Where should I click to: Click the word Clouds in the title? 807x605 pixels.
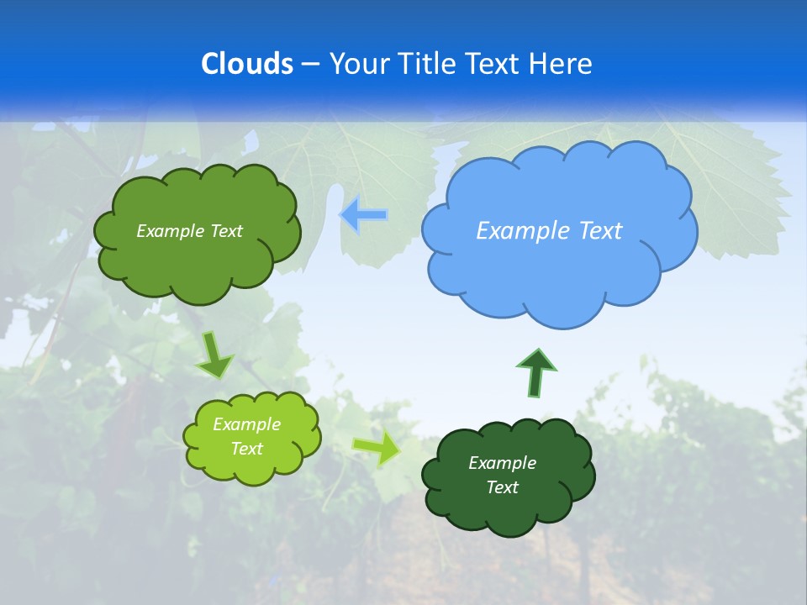click(247, 64)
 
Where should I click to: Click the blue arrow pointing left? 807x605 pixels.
click(364, 215)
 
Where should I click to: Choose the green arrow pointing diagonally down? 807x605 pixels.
click(215, 355)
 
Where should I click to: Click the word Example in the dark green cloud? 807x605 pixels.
click(502, 463)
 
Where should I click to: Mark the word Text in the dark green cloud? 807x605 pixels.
click(502, 487)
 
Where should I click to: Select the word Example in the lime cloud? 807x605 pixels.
click(246, 424)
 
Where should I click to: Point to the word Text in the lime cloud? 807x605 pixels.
click(246, 449)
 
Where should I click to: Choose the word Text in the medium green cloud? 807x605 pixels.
click(226, 231)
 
